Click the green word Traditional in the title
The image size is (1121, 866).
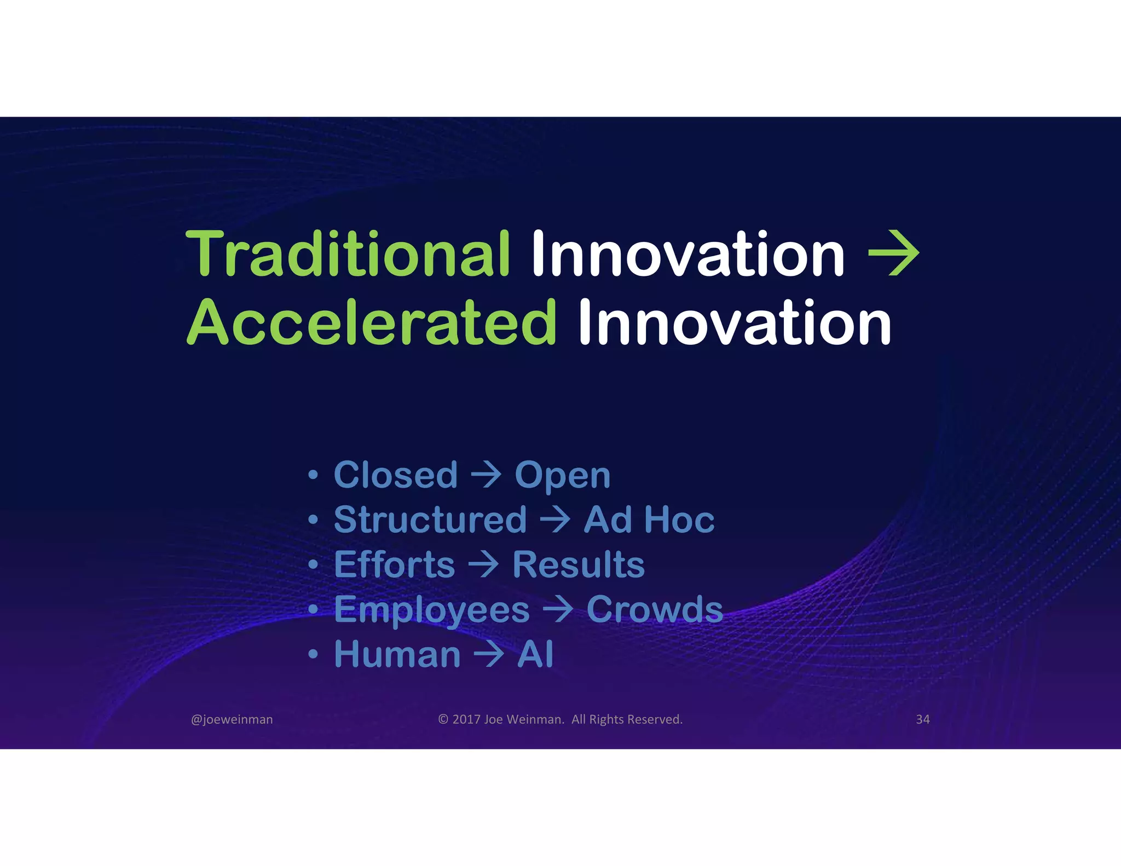(348, 254)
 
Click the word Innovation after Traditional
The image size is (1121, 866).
(688, 254)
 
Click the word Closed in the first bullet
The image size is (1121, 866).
(395, 475)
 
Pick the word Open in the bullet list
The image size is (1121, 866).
(562, 476)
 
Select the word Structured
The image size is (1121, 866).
(430, 519)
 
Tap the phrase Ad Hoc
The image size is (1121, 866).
(649, 519)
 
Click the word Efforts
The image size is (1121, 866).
(394, 564)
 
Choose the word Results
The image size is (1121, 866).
(579, 564)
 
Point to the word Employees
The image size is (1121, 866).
(432, 610)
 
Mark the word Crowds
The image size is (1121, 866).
(655, 609)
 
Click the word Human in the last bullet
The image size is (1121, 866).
(397, 654)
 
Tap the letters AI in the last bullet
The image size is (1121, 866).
(535, 654)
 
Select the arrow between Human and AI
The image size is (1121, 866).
(488, 655)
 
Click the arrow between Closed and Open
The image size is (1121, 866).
(486, 475)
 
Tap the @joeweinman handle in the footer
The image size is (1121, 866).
(232, 719)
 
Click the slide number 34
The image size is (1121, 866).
(923, 719)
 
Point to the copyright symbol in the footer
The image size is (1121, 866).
(443, 719)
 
